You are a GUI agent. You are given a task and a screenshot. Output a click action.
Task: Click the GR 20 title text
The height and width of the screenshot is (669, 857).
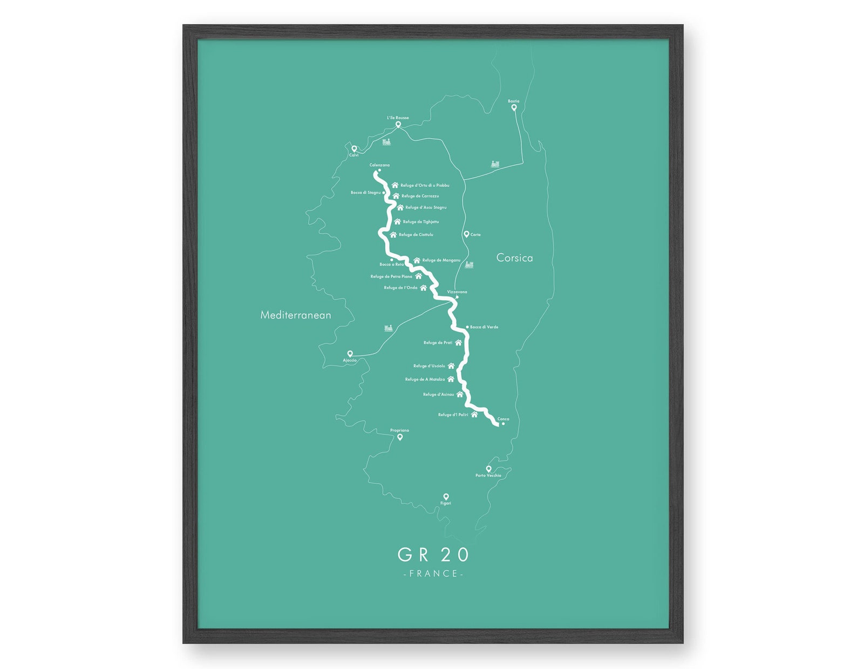click(x=433, y=555)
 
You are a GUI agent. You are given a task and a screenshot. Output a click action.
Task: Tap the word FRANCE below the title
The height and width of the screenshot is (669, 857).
click(x=433, y=573)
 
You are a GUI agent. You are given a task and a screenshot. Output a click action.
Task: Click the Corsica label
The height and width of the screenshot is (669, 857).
click(x=514, y=258)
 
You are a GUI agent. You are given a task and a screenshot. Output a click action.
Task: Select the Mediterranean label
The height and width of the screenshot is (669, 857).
click(x=296, y=315)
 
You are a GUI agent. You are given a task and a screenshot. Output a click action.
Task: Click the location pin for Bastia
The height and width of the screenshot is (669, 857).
click(x=514, y=107)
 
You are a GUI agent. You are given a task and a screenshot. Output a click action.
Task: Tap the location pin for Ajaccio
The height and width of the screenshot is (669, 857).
click(x=350, y=354)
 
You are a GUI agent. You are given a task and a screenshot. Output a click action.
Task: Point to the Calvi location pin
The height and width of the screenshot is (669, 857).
click(x=354, y=148)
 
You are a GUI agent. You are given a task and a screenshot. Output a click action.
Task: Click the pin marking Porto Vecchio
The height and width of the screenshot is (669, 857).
click(x=488, y=469)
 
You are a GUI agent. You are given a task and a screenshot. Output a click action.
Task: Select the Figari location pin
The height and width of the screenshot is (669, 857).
click(x=446, y=496)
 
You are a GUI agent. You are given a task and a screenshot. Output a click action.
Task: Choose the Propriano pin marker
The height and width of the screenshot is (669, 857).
click(x=400, y=437)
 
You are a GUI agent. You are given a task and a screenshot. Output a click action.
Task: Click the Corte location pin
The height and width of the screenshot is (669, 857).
click(x=466, y=234)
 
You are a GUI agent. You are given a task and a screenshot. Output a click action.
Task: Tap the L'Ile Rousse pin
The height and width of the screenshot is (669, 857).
click(x=398, y=124)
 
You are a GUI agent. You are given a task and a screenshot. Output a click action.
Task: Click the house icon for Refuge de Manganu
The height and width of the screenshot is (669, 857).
click(x=417, y=260)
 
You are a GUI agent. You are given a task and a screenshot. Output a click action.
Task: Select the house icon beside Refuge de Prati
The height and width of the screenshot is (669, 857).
click(x=458, y=342)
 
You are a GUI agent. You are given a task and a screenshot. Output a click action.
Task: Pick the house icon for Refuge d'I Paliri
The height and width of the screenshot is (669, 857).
click(x=474, y=415)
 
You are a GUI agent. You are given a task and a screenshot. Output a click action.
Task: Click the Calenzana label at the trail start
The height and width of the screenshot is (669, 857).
click(x=379, y=165)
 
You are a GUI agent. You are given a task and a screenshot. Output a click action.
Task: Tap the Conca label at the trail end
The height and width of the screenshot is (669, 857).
click(x=503, y=419)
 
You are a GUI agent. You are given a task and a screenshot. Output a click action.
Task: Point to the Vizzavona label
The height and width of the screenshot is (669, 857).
click(x=457, y=292)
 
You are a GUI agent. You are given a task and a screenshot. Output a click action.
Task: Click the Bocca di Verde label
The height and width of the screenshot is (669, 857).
click(x=484, y=327)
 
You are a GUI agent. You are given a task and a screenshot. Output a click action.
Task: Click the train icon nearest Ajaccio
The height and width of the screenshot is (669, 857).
click(x=388, y=328)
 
